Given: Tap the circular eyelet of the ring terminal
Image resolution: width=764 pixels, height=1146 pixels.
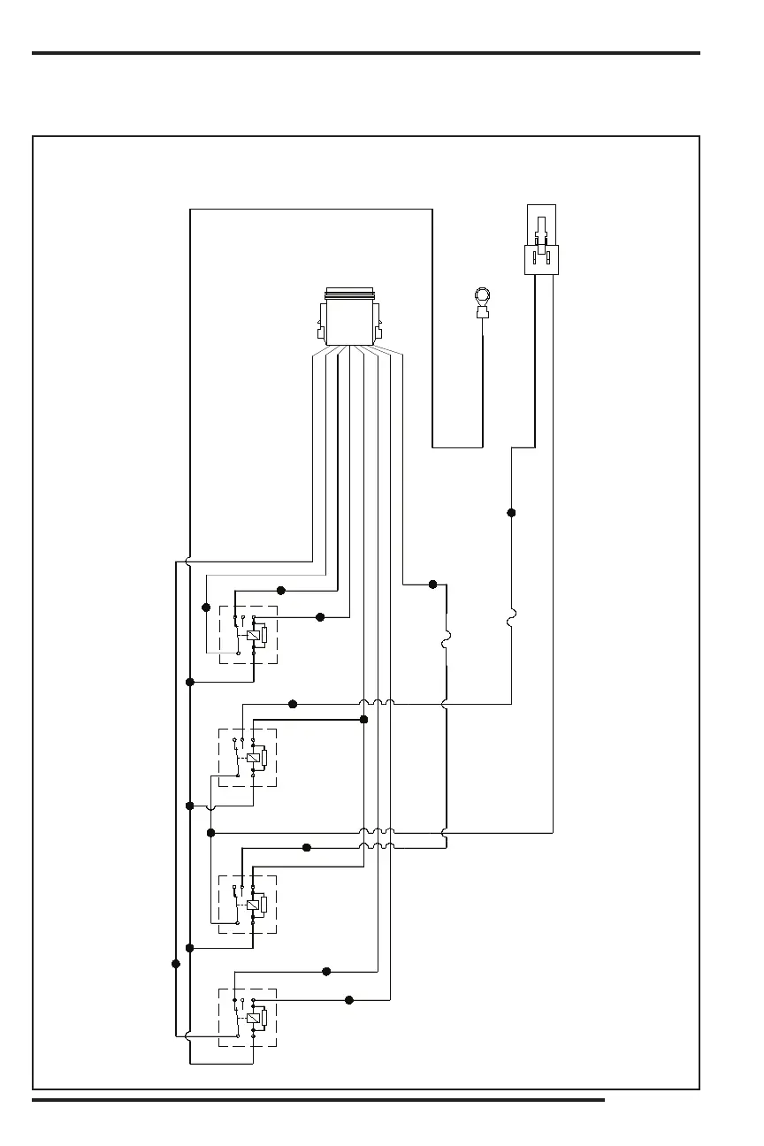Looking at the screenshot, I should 483,295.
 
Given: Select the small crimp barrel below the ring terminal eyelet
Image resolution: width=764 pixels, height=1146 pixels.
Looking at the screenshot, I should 483,312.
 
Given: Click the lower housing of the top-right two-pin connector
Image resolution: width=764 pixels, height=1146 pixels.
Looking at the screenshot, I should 540,260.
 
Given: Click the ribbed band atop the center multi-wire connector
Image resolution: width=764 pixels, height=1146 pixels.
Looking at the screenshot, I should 349,294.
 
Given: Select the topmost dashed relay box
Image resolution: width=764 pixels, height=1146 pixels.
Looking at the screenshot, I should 248,635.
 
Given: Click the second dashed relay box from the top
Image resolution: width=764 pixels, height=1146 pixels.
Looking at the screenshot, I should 248,758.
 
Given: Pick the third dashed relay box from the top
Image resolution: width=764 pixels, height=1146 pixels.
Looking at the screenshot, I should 248,904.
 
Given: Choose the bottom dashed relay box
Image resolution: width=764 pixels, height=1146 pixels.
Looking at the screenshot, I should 248,1018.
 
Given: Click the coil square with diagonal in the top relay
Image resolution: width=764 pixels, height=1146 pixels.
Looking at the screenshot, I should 254,635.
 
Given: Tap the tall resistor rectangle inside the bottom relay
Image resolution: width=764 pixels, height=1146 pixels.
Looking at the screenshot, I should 264,1018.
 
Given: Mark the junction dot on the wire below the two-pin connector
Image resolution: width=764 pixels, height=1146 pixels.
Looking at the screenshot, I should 511,513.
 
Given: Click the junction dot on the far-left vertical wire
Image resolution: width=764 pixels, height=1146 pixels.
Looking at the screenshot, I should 175,964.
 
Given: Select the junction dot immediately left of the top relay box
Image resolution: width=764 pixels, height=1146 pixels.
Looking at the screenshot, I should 206,607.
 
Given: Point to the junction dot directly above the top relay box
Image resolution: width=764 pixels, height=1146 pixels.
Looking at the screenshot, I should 281,590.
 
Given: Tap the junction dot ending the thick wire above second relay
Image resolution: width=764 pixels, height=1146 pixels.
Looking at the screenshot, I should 363,720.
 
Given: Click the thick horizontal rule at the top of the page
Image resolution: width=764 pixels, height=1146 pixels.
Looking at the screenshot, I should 366,53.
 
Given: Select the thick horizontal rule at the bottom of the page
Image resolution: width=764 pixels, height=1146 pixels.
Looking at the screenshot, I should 318,1101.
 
